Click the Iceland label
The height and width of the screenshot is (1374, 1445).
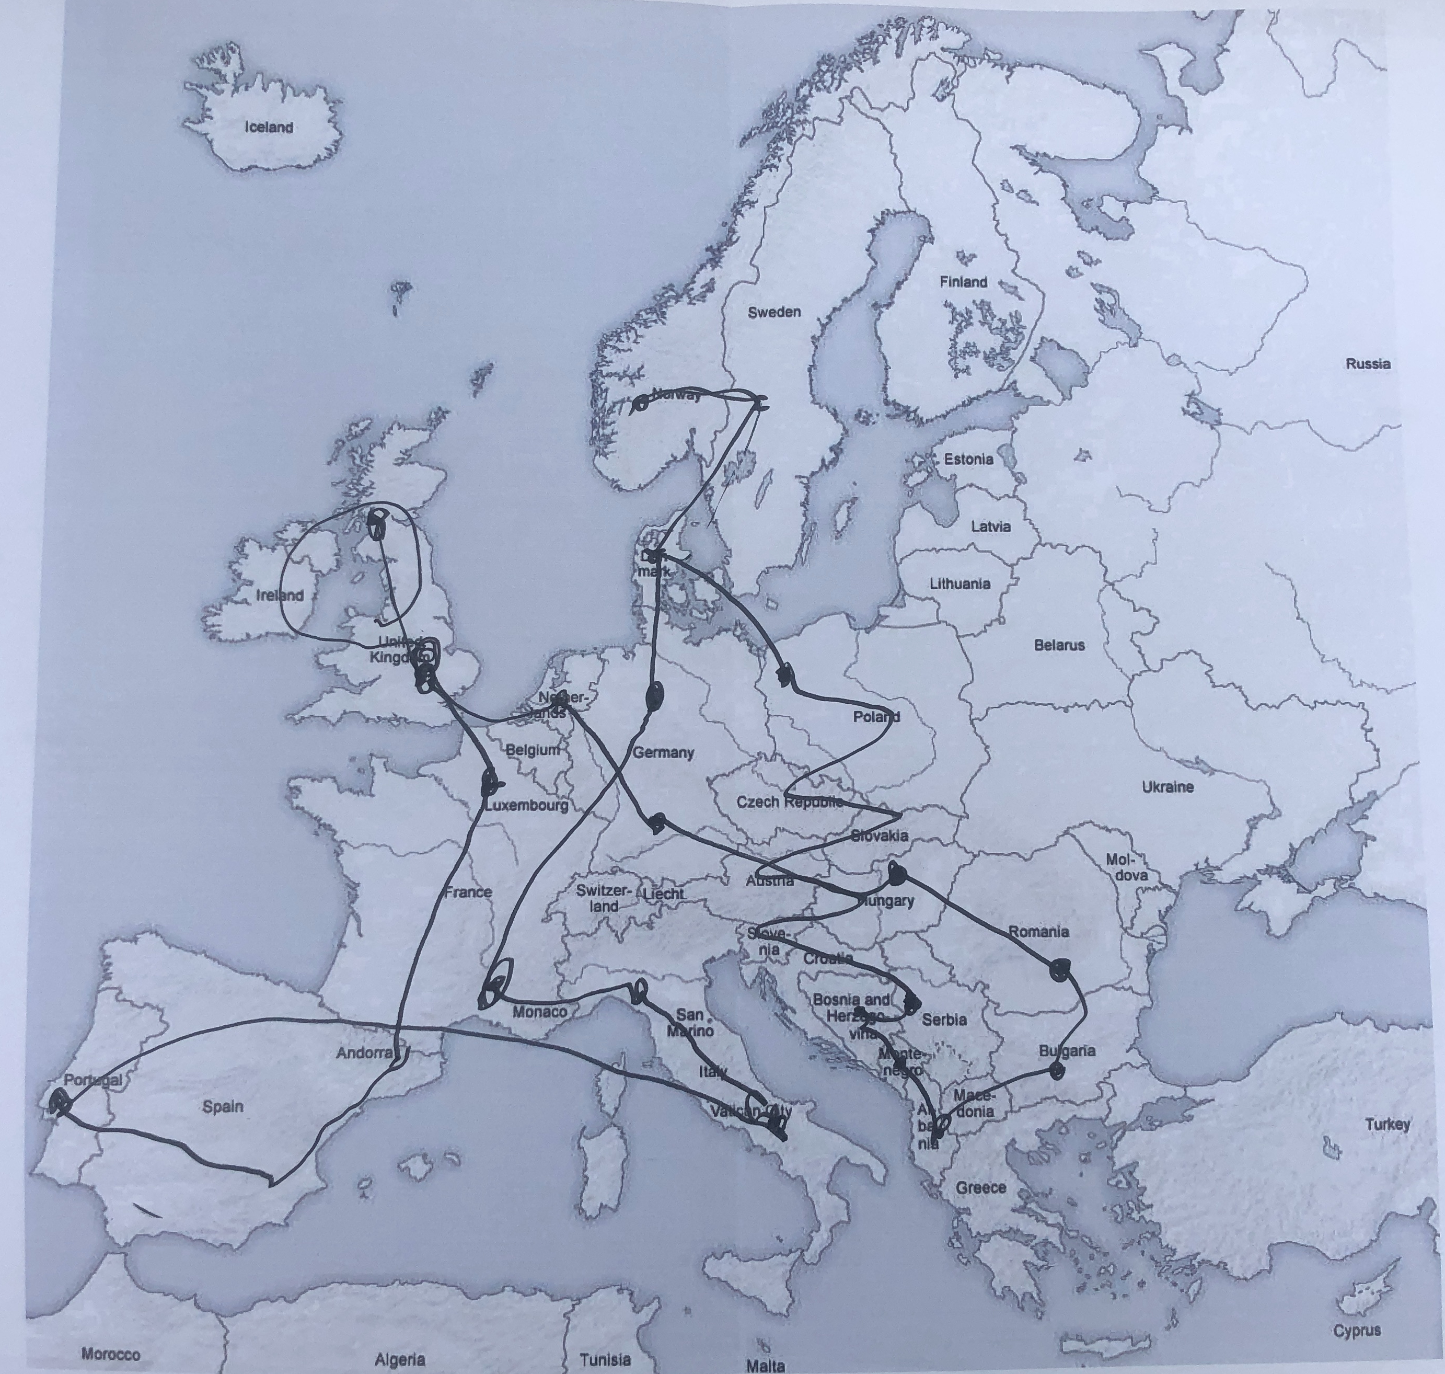pos(269,128)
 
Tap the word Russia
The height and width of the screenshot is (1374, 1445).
pos(1368,364)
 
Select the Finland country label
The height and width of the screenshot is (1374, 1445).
pos(963,282)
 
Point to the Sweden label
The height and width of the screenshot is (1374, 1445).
pos(774,313)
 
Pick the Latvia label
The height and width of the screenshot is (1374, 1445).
pos(990,526)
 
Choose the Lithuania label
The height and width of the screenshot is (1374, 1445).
pos(960,585)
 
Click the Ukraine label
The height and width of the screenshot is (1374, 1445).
pos(1167,787)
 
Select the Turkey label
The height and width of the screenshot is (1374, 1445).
pos(1387,1124)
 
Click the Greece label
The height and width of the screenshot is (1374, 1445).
pos(981,1188)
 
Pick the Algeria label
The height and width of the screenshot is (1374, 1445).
pos(400,1360)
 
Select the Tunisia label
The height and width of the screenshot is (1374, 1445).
pos(605,1360)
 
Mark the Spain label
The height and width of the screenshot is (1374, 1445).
pos(223,1107)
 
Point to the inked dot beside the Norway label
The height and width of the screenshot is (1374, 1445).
pos(640,403)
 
